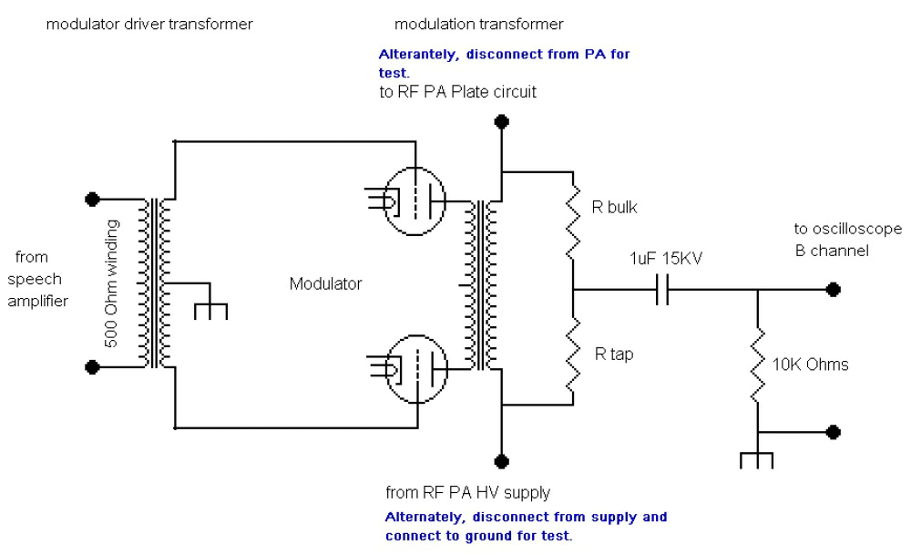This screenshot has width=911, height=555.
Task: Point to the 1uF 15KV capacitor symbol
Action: tap(663, 291)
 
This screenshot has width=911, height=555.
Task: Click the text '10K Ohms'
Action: tap(811, 365)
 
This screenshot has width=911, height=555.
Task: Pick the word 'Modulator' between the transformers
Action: tap(325, 283)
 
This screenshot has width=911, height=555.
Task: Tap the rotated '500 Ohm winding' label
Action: tap(111, 283)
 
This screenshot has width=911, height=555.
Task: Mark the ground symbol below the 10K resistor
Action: tap(757, 456)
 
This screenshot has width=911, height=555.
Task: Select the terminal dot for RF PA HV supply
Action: tap(499, 460)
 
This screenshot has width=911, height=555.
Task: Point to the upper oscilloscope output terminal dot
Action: tap(832, 291)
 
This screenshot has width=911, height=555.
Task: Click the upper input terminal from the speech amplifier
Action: tap(91, 198)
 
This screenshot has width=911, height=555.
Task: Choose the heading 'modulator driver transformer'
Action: tap(149, 25)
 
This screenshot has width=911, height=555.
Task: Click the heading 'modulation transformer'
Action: tap(479, 24)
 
